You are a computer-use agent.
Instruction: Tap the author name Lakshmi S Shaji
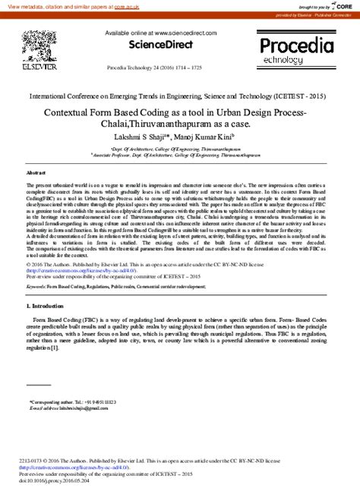click(157, 138)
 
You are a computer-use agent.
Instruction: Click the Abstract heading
click(36, 174)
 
